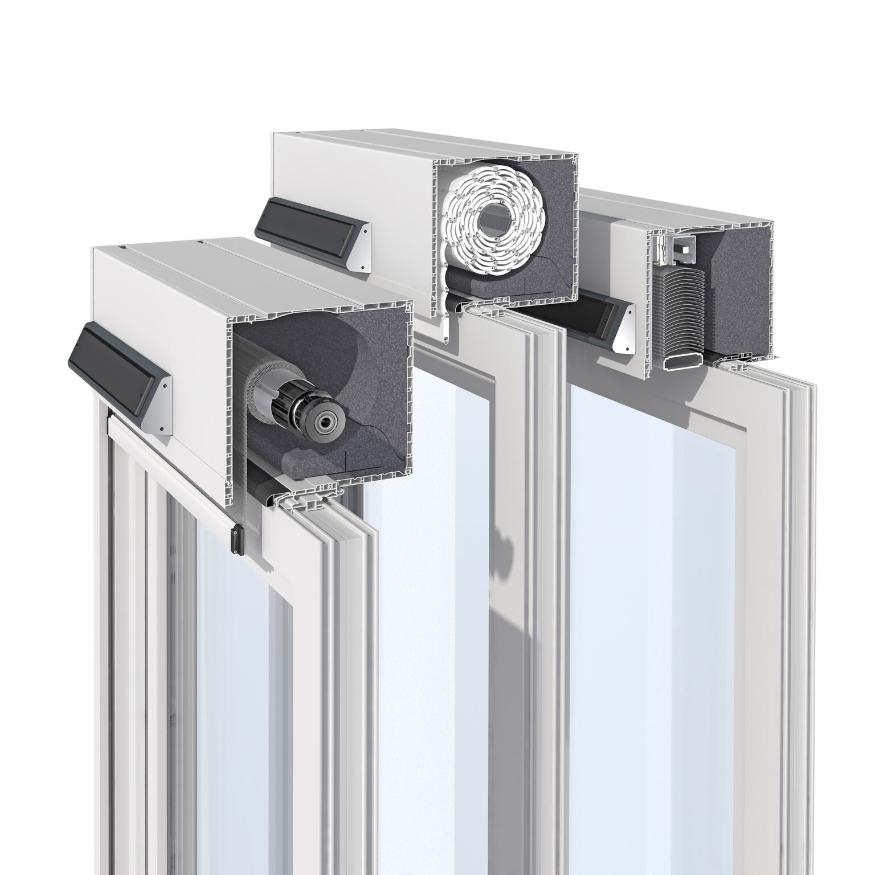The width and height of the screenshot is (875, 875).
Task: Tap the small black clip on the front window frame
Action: pos(234,539)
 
